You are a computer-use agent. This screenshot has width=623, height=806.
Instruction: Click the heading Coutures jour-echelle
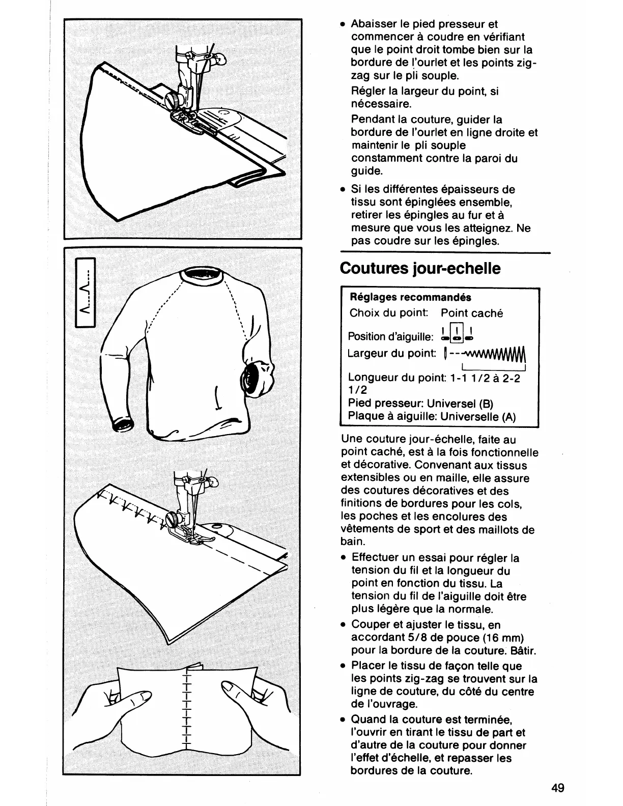click(420, 268)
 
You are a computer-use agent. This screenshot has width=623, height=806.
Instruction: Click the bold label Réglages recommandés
click(410, 297)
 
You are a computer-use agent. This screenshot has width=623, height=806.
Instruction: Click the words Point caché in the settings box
click(471, 313)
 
